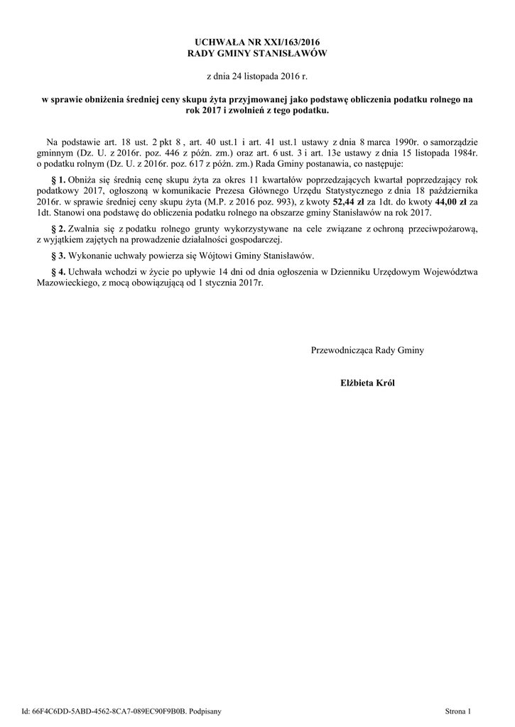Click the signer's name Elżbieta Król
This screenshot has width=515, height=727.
tap(368, 383)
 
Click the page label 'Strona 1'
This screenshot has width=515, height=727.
tap(458, 710)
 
